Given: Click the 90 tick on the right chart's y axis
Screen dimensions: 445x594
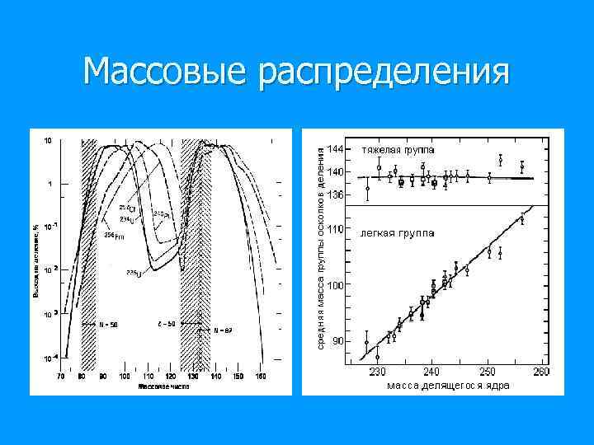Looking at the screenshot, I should pos(337,340).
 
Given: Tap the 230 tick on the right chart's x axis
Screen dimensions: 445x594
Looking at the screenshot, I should pos(376,372).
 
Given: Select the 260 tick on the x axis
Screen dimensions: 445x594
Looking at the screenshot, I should pos(541,372).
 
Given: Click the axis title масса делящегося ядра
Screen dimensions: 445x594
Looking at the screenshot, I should pos(448,385).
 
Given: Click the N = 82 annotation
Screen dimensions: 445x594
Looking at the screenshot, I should pos(221,330).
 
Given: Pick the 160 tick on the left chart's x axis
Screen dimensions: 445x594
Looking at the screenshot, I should pos(261,377).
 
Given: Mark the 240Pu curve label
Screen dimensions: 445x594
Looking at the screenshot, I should pos(162,214).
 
